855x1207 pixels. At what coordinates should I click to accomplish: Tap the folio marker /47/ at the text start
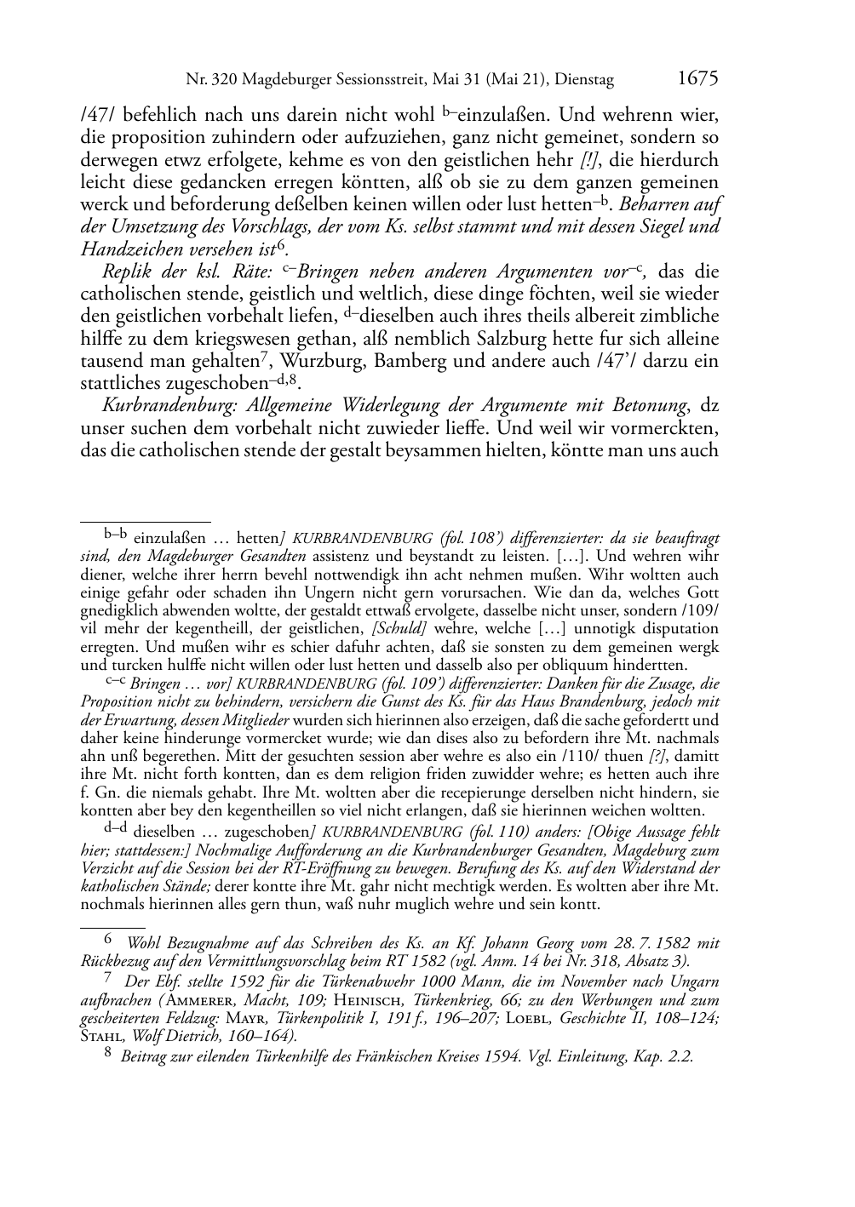[x=97, y=115]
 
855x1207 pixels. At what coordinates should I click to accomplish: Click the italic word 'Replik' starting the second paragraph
[x=126, y=272]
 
